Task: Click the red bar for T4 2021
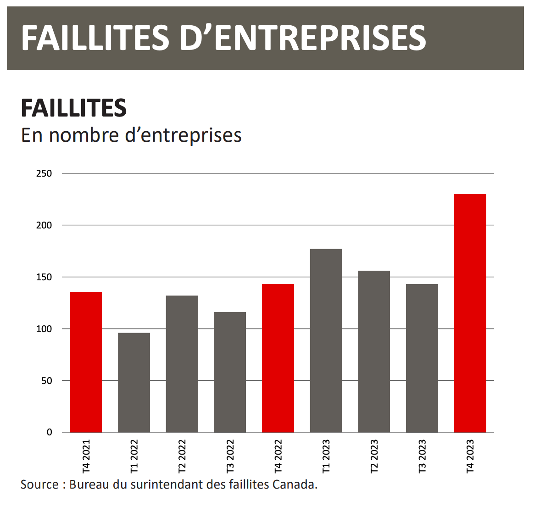pos(86,362)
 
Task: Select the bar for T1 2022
pos(134,383)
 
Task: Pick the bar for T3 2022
pos(230,372)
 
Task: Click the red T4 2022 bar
pos(278,358)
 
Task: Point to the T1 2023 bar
pos(326,340)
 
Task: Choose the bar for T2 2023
pos(374,351)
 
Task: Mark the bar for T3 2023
pos(422,358)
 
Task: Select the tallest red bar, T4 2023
pos(470,313)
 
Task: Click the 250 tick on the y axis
pos(44,174)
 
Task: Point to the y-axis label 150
pos(44,278)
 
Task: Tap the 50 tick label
pos(46,381)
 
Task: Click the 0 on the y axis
pos(50,433)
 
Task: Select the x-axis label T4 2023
pos(470,456)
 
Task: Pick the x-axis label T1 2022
pos(134,456)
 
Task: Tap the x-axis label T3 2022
pos(230,456)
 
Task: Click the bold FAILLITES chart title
pos(74,108)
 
